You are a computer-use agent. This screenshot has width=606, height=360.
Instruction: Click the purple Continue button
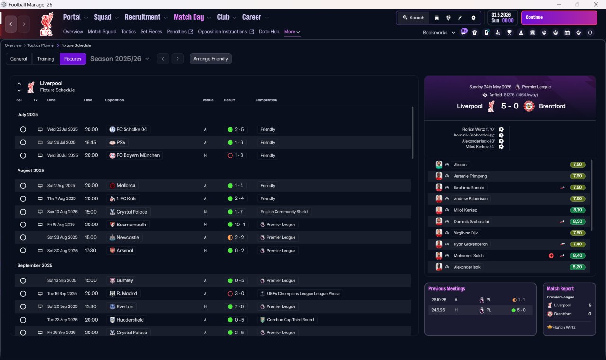[x=559, y=18]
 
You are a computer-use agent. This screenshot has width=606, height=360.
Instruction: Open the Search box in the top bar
[x=414, y=18]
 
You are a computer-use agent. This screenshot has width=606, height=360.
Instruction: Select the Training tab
[x=45, y=59]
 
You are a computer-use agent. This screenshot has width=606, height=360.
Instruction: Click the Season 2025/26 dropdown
[x=120, y=59]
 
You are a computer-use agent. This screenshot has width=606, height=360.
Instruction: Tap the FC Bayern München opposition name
[x=138, y=155]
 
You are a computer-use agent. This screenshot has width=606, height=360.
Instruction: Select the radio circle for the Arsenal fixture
[x=23, y=251]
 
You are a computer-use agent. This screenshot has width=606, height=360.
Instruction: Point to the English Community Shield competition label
[x=284, y=212]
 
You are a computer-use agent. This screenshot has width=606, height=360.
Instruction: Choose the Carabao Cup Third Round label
[x=291, y=320]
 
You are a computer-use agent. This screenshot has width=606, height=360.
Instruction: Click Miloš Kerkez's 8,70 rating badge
[x=578, y=210]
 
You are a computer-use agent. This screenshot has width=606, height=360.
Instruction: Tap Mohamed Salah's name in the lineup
[x=469, y=255]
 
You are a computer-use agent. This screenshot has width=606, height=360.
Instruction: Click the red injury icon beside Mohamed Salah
[x=551, y=255]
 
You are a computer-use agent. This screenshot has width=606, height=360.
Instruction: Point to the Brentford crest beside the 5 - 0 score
[x=529, y=106]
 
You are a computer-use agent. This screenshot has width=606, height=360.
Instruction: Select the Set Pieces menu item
[x=151, y=32]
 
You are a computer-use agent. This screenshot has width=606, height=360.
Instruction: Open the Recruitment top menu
[x=143, y=18]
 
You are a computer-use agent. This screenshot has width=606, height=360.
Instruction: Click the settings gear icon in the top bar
[x=473, y=18]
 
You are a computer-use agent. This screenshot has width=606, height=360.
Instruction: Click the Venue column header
[x=208, y=100]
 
